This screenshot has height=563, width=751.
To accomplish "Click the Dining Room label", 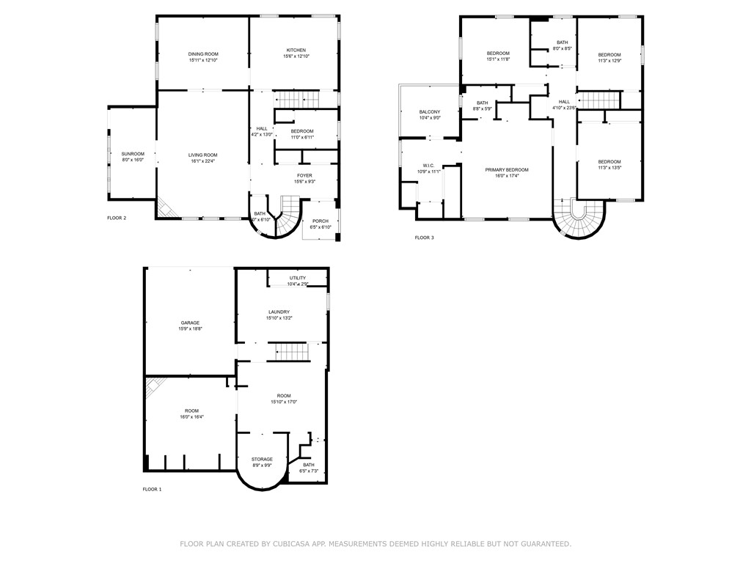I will [203, 54].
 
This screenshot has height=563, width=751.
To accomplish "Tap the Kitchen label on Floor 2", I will [296, 50].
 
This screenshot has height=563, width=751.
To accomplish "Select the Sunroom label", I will [133, 153].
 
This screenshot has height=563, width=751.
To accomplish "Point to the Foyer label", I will [304, 175].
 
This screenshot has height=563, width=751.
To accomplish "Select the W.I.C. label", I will [429, 165].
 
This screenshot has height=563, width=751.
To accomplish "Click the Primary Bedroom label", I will [506, 169].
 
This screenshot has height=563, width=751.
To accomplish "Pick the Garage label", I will [191, 323].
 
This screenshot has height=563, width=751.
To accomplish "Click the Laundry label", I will [279, 312].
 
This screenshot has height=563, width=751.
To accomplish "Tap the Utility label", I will [297, 278].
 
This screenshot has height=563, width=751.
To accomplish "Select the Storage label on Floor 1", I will [262, 459].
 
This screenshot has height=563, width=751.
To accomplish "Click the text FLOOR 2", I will [117, 218].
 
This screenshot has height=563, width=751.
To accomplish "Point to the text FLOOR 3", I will [424, 238].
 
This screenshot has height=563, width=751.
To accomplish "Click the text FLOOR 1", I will [152, 489].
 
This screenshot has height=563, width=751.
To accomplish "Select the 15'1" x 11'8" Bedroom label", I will [498, 54].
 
